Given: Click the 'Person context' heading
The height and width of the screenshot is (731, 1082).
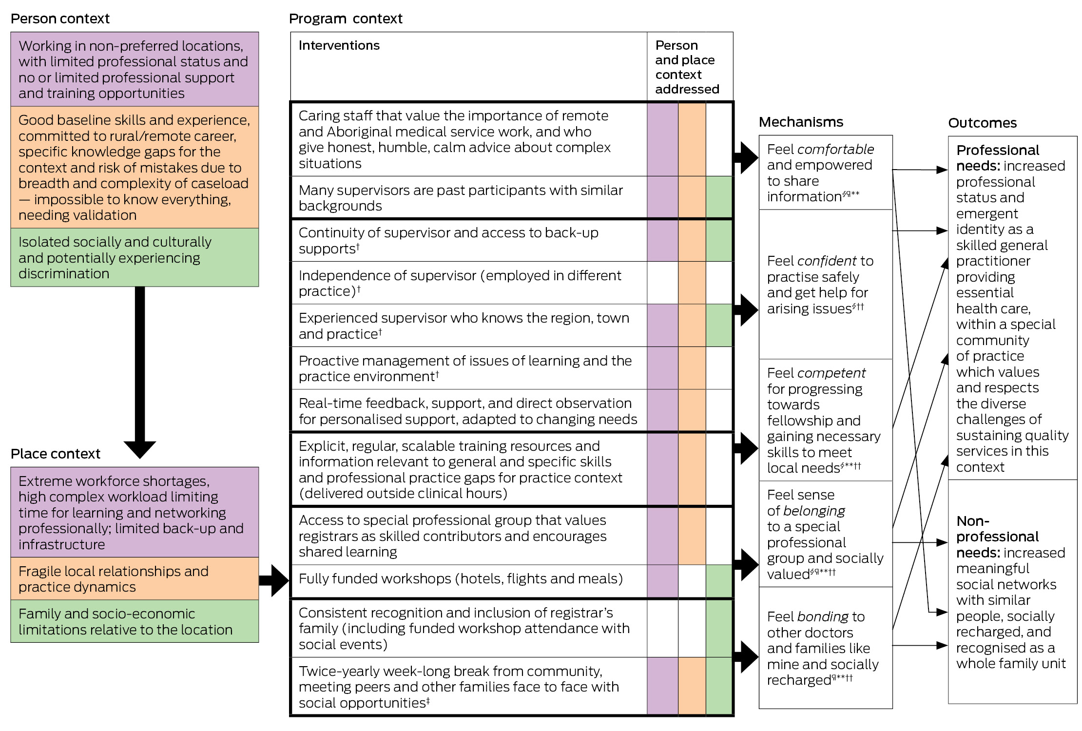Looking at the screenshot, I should coord(60,19).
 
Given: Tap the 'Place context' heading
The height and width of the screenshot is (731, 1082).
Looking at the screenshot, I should coord(56,454).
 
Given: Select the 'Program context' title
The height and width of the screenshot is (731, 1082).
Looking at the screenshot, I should coord(346,19).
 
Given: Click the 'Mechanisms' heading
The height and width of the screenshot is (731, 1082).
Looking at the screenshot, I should coord(801,122).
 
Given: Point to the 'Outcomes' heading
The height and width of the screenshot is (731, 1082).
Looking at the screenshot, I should coord(982,123).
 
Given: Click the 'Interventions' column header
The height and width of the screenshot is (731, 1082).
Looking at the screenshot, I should coord(339,45).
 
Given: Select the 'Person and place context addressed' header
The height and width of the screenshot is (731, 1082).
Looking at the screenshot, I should coord(687,67).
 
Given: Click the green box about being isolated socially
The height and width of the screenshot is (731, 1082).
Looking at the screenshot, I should coord(135,258).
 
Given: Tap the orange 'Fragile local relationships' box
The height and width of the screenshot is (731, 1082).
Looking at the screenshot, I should coord(135,579).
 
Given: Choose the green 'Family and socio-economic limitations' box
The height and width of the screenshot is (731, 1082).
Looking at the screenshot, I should coord(135,621).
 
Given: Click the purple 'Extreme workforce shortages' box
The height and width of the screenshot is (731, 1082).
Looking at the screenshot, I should coord(135,512).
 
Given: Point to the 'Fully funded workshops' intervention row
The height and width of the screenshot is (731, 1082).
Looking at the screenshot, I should coord(461,579).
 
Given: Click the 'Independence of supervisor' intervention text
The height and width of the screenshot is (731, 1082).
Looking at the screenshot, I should coord(460,283).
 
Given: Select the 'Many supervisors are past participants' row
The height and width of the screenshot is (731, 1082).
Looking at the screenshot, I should coord(461,198).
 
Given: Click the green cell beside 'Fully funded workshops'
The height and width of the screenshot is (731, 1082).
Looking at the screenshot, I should coord(719,581).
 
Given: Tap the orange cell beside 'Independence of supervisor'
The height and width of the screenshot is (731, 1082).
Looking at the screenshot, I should coord(692,283).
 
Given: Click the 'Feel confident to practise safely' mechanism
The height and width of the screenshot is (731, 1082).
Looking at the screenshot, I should coord(820,285).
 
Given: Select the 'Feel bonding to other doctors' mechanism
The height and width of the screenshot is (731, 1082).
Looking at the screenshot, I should coord(823,648).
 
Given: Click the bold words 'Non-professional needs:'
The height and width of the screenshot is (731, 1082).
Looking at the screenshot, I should coord(997,537).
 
